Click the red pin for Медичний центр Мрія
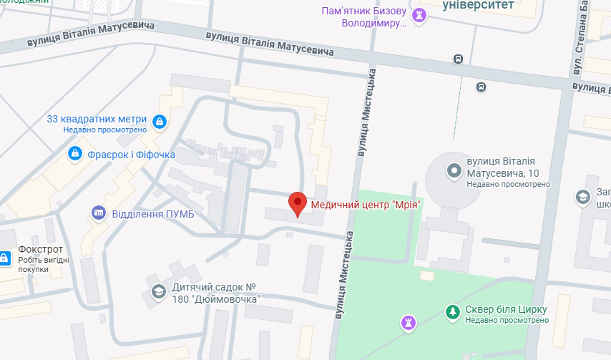pos(297,204)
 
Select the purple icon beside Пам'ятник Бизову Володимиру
pos(421,15)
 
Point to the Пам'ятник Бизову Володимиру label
pos(365,16)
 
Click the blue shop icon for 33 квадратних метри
pos(159,121)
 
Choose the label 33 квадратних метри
pos(97,119)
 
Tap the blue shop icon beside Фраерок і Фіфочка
pos(74,154)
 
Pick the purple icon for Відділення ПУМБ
pos(99,213)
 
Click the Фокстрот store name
pos(42,249)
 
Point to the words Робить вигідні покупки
pos(44,265)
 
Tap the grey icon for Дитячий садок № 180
pos(157,291)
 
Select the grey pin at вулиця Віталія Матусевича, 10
pos(453,170)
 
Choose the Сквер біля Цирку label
pos(507,309)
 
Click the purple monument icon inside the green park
pos(409,323)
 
